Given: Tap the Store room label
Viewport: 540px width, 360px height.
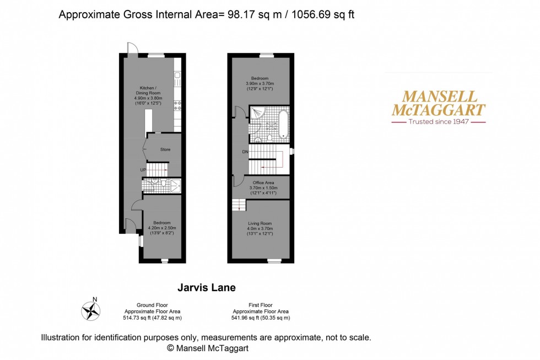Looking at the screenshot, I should (x=165, y=149).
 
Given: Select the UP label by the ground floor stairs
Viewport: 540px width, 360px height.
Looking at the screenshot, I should (x=143, y=170).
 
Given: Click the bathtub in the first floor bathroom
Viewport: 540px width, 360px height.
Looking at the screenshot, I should (x=283, y=123).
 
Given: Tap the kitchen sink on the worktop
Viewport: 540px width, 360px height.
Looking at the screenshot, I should (x=177, y=79).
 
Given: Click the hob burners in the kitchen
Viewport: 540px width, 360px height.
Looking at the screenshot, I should (x=177, y=105).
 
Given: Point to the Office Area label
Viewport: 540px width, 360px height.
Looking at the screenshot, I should (x=263, y=182).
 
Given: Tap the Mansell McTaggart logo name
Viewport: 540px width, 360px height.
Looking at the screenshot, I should (x=438, y=102).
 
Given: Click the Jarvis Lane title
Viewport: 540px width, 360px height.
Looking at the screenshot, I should (x=206, y=287).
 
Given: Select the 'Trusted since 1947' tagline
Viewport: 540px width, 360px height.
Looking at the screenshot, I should (x=439, y=121).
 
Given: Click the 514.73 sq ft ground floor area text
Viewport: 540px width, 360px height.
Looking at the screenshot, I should (x=153, y=318).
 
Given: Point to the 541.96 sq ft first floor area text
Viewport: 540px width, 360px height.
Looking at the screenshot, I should (x=261, y=318).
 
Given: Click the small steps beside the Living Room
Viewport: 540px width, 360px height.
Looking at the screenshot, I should (x=239, y=205).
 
